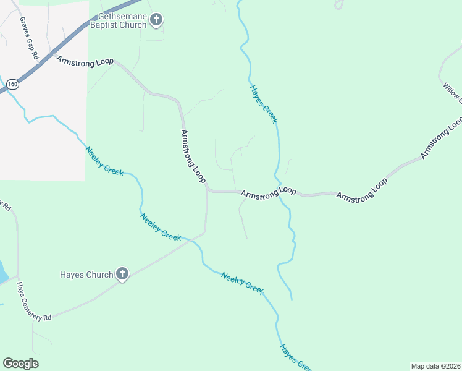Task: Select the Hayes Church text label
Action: [86, 275]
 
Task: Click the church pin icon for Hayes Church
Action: [122, 274]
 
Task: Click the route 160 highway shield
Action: [12, 83]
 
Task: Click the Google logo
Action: [20, 364]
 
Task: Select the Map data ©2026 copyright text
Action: [435, 365]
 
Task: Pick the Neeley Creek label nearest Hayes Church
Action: [161, 227]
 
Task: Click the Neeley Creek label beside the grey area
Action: [104, 161]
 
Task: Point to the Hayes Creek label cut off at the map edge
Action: [295, 358]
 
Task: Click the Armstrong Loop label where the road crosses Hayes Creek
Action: [268, 193]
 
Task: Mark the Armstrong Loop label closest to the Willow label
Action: [442, 139]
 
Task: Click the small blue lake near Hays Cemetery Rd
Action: [2, 272]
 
